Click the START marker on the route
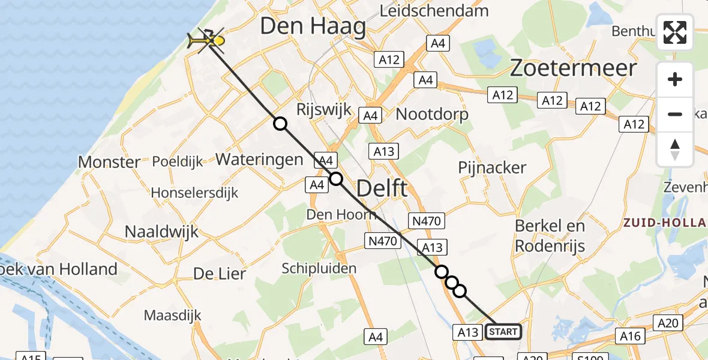[503, 332]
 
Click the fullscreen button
[675, 32]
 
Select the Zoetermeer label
[573, 68]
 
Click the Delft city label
[382, 188]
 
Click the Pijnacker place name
[492, 168]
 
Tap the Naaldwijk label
[161, 232]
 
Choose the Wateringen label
[259, 160]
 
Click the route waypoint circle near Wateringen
[280, 124]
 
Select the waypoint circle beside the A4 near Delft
[336, 179]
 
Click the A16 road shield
[630, 336]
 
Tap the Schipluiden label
[319, 268]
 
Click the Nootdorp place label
[432, 114]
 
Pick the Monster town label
[109, 162]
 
